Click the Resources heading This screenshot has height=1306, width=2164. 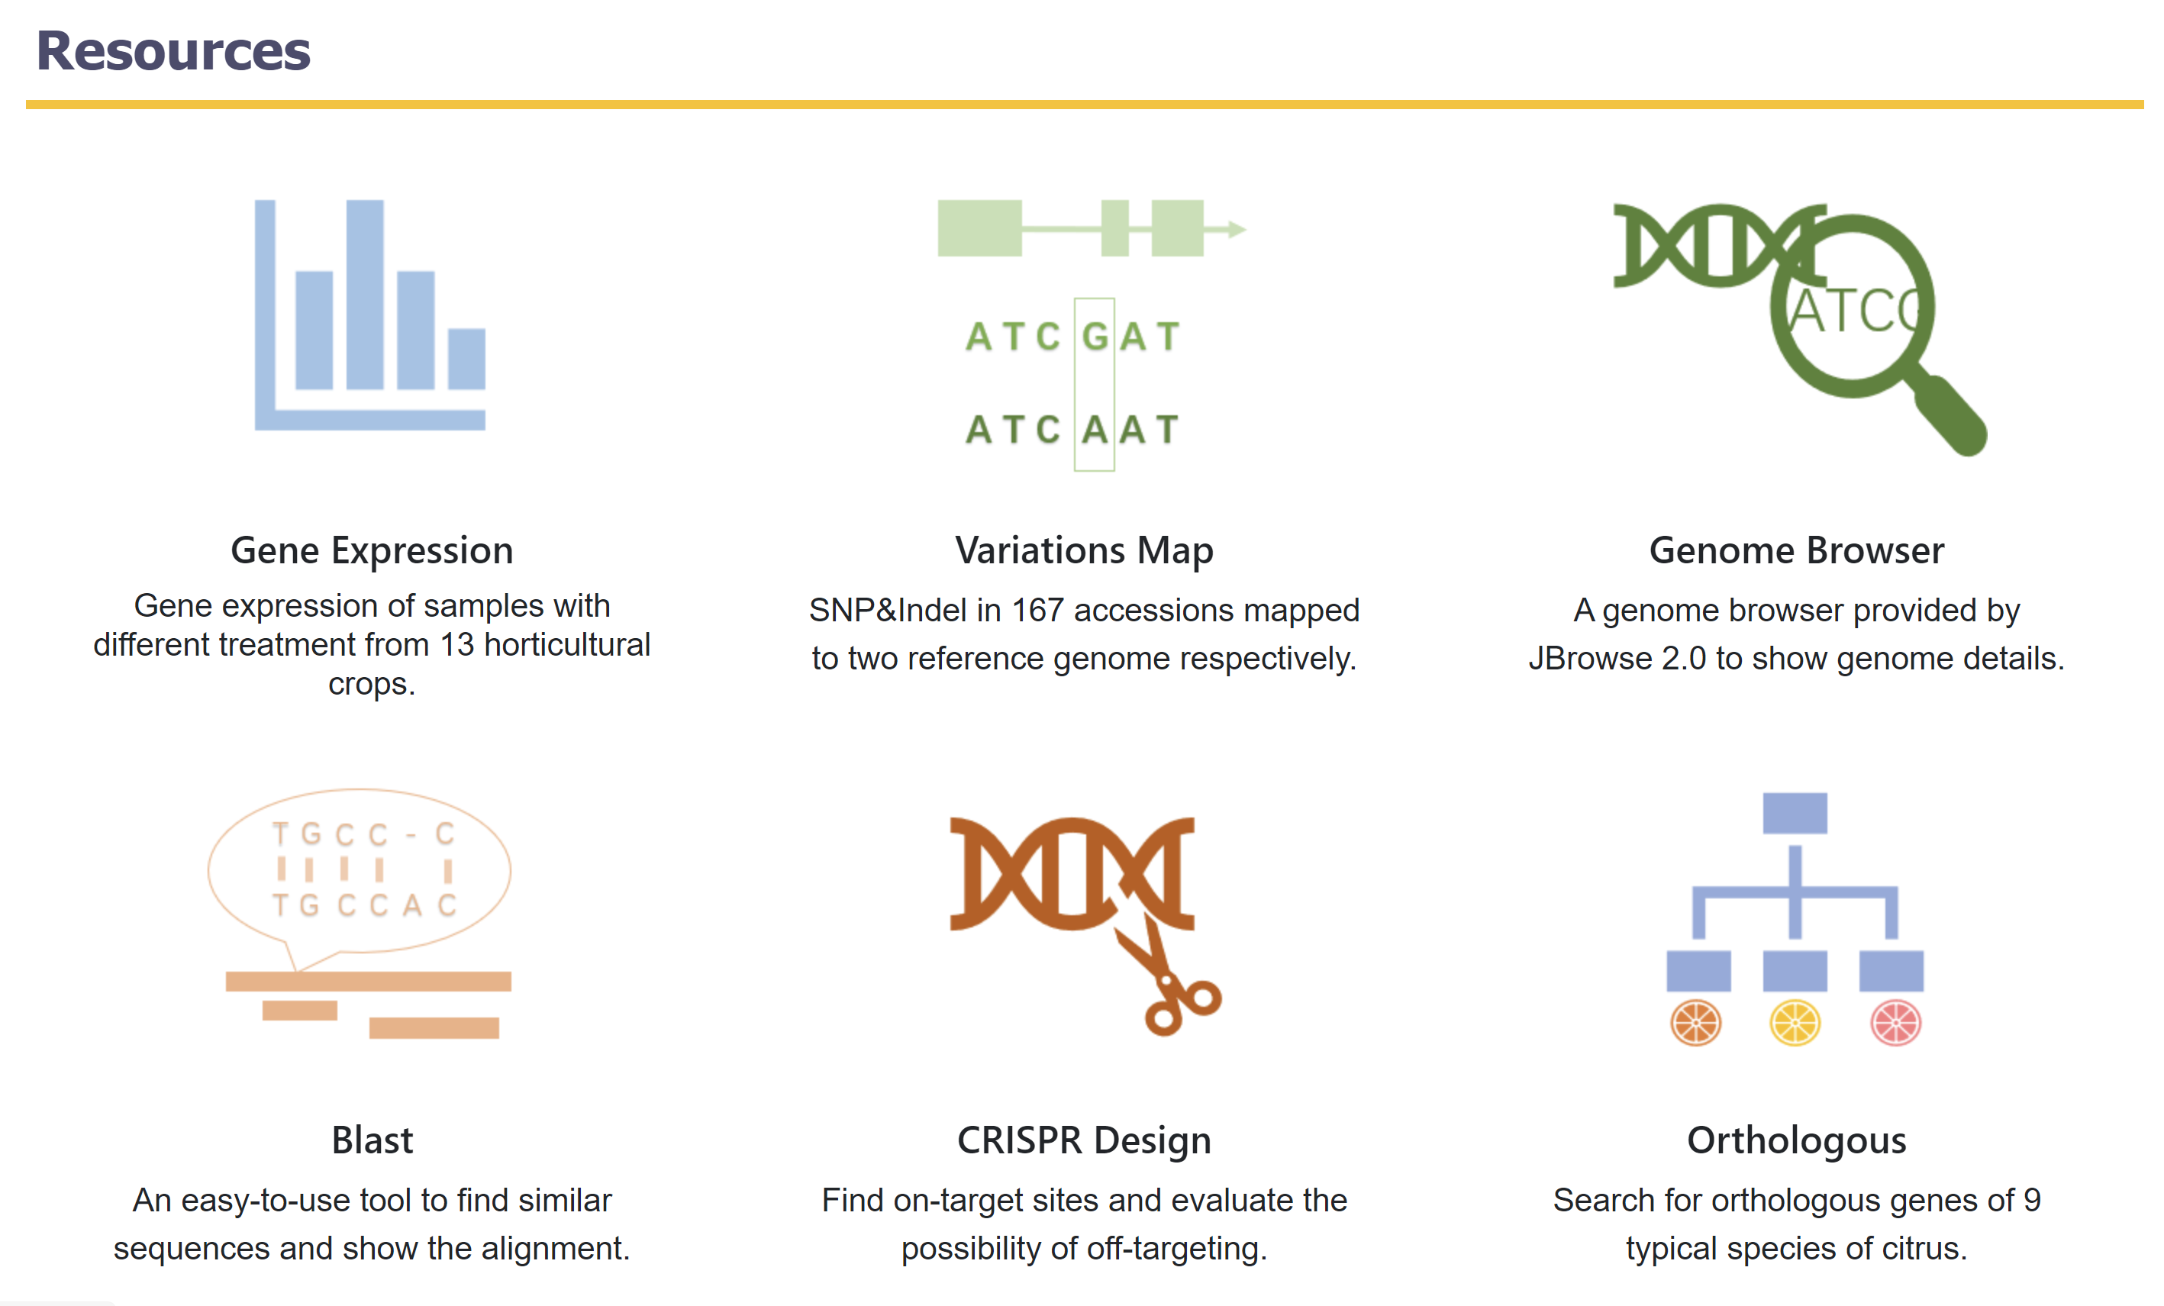(173, 51)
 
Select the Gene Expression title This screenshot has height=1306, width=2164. (372, 550)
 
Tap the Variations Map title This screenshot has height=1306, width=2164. (1084, 550)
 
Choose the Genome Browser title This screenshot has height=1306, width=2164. (1796, 550)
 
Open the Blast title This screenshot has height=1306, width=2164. (372, 1140)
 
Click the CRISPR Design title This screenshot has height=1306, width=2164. (1084, 1140)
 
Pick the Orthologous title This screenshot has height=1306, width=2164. (1796, 1141)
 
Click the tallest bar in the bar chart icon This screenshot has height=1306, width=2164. (364, 294)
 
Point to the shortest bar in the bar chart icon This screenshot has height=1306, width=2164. (466, 358)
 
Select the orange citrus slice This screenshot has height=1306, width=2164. (1696, 1023)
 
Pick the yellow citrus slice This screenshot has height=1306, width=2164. (1795, 1023)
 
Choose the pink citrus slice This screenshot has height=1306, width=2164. (1896, 1023)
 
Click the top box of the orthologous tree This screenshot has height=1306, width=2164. (1795, 813)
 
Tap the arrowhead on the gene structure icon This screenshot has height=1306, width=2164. (1237, 229)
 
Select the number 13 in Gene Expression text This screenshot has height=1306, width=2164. (456, 646)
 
